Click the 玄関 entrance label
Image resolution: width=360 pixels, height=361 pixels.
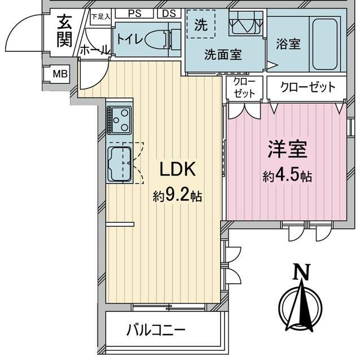tap(64, 32)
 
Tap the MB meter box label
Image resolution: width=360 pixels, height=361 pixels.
tap(60, 74)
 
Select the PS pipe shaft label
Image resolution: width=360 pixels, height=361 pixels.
tap(134, 14)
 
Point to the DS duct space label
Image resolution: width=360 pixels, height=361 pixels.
tap(169, 14)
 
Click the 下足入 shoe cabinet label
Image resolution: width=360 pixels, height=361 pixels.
tap(100, 16)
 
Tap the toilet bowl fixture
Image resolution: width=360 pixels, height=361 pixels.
tap(156, 40)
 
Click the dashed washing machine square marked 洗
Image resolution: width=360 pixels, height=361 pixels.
tap(201, 24)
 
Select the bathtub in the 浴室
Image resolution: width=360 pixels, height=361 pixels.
tap(325, 44)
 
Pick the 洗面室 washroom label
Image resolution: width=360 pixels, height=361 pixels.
tap(223, 55)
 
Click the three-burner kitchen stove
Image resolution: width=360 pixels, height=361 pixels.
tap(119, 120)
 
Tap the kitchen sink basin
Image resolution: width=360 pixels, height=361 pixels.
tap(120, 164)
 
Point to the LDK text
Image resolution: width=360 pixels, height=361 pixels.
tap(178, 169)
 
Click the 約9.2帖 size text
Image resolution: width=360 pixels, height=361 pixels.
tap(177, 196)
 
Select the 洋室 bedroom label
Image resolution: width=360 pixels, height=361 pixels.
tap(287, 149)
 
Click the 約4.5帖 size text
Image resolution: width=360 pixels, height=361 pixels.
tap(287, 176)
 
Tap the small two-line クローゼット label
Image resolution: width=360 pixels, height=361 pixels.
tap(244, 87)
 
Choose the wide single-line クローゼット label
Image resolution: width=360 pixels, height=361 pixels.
tap(308, 87)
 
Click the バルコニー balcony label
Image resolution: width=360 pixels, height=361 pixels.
tap(156, 331)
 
